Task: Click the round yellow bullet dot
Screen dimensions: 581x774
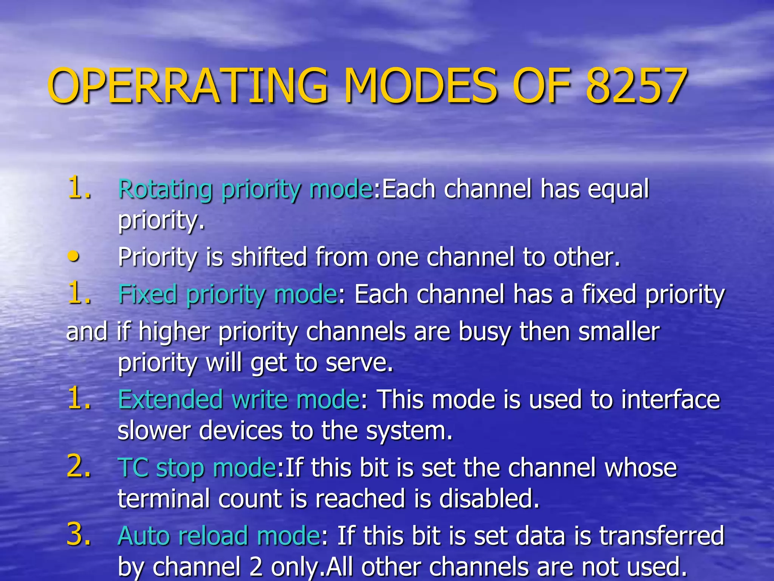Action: pyautogui.click(x=74, y=256)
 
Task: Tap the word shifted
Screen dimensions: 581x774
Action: pyautogui.click(x=269, y=257)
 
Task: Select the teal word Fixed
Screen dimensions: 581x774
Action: pyautogui.click(x=147, y=294)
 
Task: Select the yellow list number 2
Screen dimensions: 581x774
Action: pyautogui.click(x=79, y=466)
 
